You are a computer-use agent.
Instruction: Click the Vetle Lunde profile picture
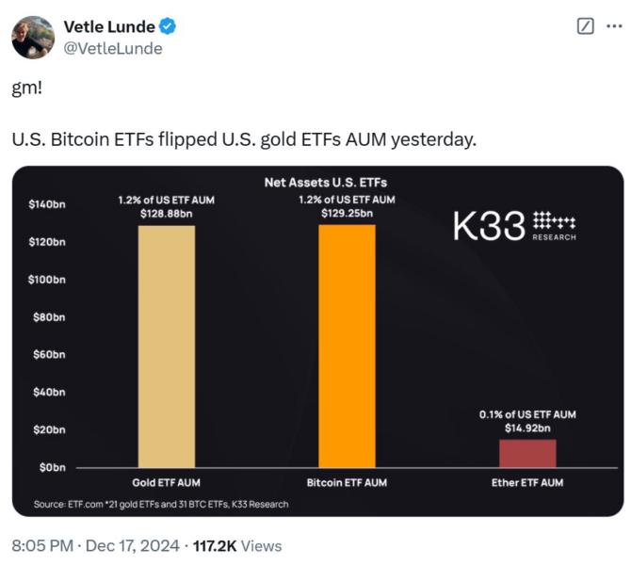pos(33,37)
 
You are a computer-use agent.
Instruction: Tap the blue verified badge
pos(166,26)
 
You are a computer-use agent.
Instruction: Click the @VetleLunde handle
pos(112,48)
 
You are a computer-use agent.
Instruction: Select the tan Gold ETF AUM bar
pos(167,346)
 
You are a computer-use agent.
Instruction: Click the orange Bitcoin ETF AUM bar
pos(347,346)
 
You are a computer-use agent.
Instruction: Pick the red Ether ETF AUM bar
pos(527,453)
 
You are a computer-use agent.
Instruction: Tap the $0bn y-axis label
pos(49,467)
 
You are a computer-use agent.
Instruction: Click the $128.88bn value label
pos(166,214)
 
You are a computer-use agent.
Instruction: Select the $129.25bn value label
pos(347,214)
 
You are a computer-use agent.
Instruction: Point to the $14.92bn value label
pos(527,428)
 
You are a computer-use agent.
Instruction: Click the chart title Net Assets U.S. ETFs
pos(325,182)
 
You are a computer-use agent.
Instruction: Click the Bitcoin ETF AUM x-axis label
pos(347,483)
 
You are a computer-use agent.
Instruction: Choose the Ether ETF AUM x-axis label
pos(527,483)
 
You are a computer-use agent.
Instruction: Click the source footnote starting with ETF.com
pos(161,504)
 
